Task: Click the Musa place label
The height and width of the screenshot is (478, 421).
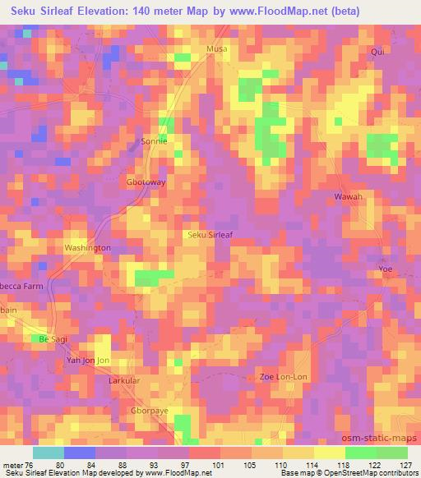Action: point(216,49)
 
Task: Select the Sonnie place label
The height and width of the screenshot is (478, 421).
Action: point(154,140)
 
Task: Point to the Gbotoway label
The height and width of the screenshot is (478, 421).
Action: point(146,182)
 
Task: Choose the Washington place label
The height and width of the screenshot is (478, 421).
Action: point(88,247)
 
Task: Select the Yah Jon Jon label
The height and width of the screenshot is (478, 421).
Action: point(87,361)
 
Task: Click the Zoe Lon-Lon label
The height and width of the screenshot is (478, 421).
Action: point(284,376)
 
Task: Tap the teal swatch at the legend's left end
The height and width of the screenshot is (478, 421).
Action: point(49,453)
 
